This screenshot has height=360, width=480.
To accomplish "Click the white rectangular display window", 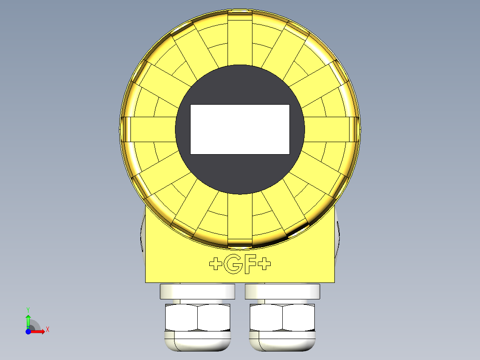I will click(240, 129).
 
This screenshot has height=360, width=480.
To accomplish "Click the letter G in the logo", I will click(234, 265).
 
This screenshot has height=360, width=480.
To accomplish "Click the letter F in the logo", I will click(250, 265).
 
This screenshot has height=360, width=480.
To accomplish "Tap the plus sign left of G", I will click(216, 264).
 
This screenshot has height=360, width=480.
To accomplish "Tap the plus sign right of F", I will click(265, 264).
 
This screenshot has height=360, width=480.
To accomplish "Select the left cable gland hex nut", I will click(197, 317).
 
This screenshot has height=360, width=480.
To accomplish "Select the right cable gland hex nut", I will click(282, 317).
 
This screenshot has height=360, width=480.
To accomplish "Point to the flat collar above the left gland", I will click(197, 291).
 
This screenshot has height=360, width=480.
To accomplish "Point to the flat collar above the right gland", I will click(282, 291).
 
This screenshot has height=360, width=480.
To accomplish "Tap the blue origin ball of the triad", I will click(28, 332).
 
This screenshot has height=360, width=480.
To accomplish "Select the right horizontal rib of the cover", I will click(332, 129).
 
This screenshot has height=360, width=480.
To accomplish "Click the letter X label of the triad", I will click(48, 330).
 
